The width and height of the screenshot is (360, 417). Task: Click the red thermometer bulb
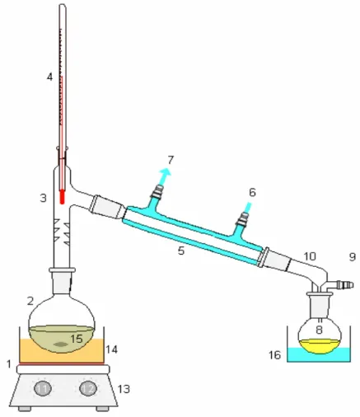[x=63, y=197]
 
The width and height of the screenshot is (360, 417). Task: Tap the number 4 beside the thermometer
[x=49, y=77]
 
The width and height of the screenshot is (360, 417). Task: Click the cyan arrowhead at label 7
[x=166, y=171]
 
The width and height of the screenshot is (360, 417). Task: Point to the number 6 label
[x=252, y=192]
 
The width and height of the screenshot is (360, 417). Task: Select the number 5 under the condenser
[x=181, y=251]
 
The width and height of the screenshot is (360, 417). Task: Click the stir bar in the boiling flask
[x=61, y=344]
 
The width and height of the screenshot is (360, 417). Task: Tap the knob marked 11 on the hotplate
[x=43, y=389]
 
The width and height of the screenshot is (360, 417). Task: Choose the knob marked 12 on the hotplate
[x=88, y=389]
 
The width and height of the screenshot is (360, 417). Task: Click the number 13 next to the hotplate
[x=124, y=389]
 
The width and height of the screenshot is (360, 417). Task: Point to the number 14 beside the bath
[x=112, y=349]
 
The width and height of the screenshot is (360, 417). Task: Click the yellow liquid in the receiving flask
[x=320, y=346]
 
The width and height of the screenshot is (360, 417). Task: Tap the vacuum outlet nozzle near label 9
[x=345, y=284]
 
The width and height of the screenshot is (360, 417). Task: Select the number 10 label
[x=310, y=256]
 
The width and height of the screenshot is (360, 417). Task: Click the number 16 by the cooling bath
[x=274, y=355]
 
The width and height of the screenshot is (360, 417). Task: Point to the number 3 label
[x=44, y=198]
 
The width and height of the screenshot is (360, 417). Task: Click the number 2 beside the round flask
[x=30, y=301]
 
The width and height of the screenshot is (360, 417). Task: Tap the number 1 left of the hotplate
[x=9, y=364]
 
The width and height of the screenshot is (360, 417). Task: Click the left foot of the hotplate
[x=25, y=409]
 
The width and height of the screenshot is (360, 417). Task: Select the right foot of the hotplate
[x=103, y=409]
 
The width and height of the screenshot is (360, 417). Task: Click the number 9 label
[x=353, y=257]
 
